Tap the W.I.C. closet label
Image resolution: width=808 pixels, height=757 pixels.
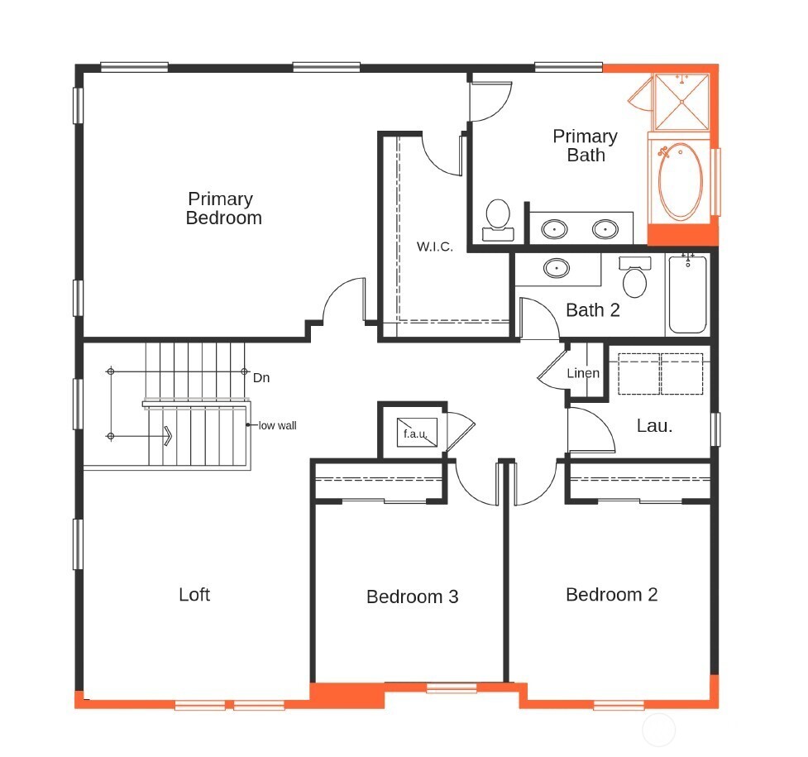(x=434, y=247)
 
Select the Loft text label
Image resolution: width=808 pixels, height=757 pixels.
(x=194, y=595)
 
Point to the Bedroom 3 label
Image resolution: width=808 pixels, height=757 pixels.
(x=412, y=596)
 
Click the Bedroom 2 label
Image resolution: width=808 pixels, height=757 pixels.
(x=611, y=595)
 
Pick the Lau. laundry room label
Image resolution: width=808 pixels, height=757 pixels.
(x=654, y=427)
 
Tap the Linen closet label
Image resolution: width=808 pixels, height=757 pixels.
(x=583, y=373)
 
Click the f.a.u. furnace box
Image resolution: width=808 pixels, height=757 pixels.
(x=415, y=433)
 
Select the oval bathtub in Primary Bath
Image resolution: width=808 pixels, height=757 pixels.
(x=681, y=182)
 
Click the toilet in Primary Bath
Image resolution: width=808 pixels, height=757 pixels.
(x=498, y=217)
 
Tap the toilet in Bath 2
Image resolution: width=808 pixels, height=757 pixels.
(x=635, y=278)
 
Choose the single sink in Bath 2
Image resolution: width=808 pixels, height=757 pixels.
(x=557, y=268)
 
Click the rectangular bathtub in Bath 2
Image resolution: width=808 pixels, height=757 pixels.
(x=687, y=295)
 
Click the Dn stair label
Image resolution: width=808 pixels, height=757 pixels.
(x=261, y=378)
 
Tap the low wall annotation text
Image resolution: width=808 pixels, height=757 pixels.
(x=277, y=426)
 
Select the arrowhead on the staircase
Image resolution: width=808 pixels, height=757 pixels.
(x=167, y=435)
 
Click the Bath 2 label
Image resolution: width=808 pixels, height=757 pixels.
(x=592, y=311)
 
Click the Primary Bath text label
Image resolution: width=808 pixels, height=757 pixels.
(x=585, y=146)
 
